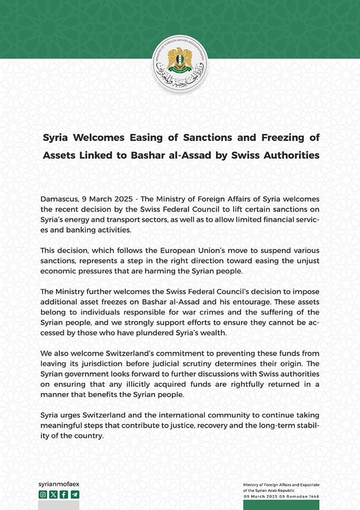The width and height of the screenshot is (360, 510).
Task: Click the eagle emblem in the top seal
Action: point(179,59)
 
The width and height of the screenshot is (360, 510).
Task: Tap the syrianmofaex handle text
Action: point(59,484)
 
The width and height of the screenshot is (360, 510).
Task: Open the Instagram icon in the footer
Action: point(43,495)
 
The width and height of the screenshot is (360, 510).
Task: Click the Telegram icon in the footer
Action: point(75,495)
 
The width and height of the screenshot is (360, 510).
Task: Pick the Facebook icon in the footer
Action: point(64,495)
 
